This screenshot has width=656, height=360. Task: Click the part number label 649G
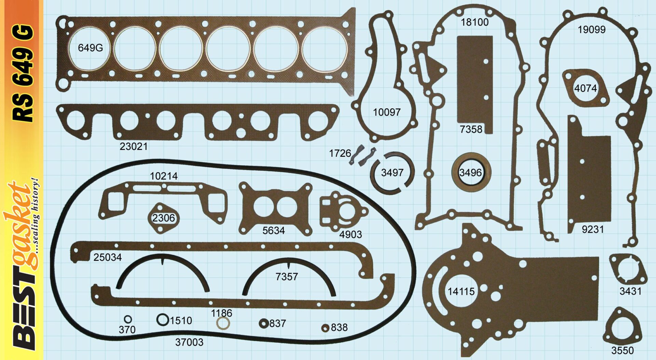click(x=90, y=47)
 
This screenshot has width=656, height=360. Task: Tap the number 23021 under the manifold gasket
click(x=134, y=147)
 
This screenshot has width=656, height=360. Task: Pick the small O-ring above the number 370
click(x=128, y=319)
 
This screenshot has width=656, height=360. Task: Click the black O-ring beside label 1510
click(x=163, y=320)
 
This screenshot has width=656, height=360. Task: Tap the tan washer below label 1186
click(x=223, y=323)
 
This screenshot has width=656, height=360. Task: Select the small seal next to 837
click(x=263, y=323)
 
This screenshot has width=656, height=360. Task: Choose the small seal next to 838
click(x=325, y=328)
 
